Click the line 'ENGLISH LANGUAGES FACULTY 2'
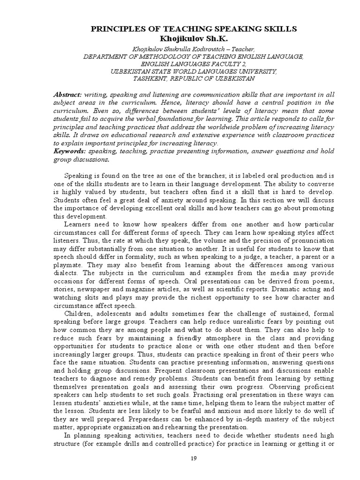[193, 63]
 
